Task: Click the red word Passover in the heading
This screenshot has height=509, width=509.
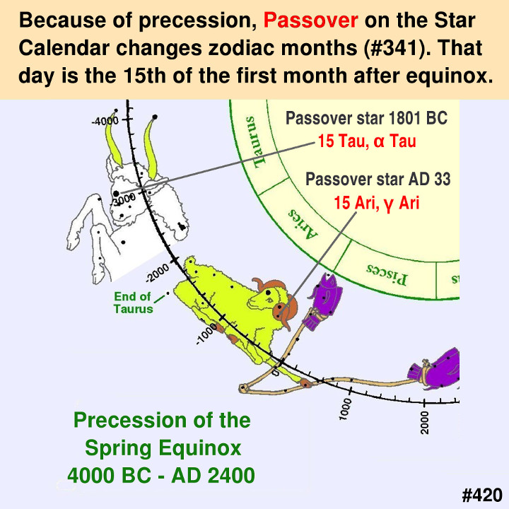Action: tap(310, 20)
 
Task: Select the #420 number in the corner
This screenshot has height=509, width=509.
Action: tap(482, 496)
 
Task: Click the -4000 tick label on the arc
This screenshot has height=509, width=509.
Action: tap(105, 122)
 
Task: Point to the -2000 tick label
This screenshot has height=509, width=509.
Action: tap(158, 273)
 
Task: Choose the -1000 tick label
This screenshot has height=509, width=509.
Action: tap(206, 334)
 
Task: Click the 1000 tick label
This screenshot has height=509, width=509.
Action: tap(346, 409)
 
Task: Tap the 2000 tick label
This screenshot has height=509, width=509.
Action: tap(424, 422)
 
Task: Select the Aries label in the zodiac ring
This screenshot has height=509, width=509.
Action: tap(303, 223)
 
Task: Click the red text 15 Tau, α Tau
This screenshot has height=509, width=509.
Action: tap(367, 141)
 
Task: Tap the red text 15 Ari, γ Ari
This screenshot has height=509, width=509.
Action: tap(377, 203)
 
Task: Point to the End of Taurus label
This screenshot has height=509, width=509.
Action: tap(133, 303)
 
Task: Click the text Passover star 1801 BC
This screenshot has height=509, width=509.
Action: tap(366, 118)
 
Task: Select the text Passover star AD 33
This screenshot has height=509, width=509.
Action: tap(378, 179)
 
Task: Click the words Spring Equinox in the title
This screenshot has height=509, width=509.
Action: tap(163, 449)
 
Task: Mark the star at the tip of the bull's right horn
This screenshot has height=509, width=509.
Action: tap(155, 117)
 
